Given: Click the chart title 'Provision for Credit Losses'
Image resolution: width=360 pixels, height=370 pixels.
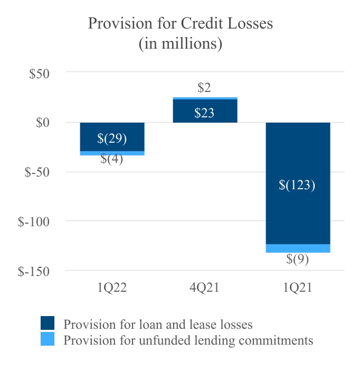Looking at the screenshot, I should coord(180,24).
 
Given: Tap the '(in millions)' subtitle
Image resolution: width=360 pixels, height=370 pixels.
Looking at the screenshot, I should coord(180,43).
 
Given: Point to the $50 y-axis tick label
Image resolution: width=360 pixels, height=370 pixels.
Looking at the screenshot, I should coord(39,73).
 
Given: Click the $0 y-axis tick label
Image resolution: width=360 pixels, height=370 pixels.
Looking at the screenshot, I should coord(42,123).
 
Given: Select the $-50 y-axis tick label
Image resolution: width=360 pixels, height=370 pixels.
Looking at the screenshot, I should coord(37,172).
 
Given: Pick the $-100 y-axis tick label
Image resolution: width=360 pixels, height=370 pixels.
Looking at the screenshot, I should coord(34,221).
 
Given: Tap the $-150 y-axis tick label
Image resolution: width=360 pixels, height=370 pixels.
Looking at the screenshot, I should coord(34,271).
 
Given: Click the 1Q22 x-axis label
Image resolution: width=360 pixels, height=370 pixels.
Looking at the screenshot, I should coord(112,288).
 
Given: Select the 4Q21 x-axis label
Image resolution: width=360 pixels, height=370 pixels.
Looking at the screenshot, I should coord(204,288).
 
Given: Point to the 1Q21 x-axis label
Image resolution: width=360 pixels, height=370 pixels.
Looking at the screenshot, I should coord(298,288).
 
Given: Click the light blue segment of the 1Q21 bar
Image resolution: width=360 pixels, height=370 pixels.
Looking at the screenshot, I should coord(298,248).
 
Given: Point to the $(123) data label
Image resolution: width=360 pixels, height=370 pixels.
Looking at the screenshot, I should coord(298,185).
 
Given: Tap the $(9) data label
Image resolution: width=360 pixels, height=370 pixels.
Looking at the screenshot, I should coord(298,260).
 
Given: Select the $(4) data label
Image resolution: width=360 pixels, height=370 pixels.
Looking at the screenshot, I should coord(112,159).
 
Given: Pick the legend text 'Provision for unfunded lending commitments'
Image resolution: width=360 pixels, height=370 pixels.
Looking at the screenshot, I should coord(188,340).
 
